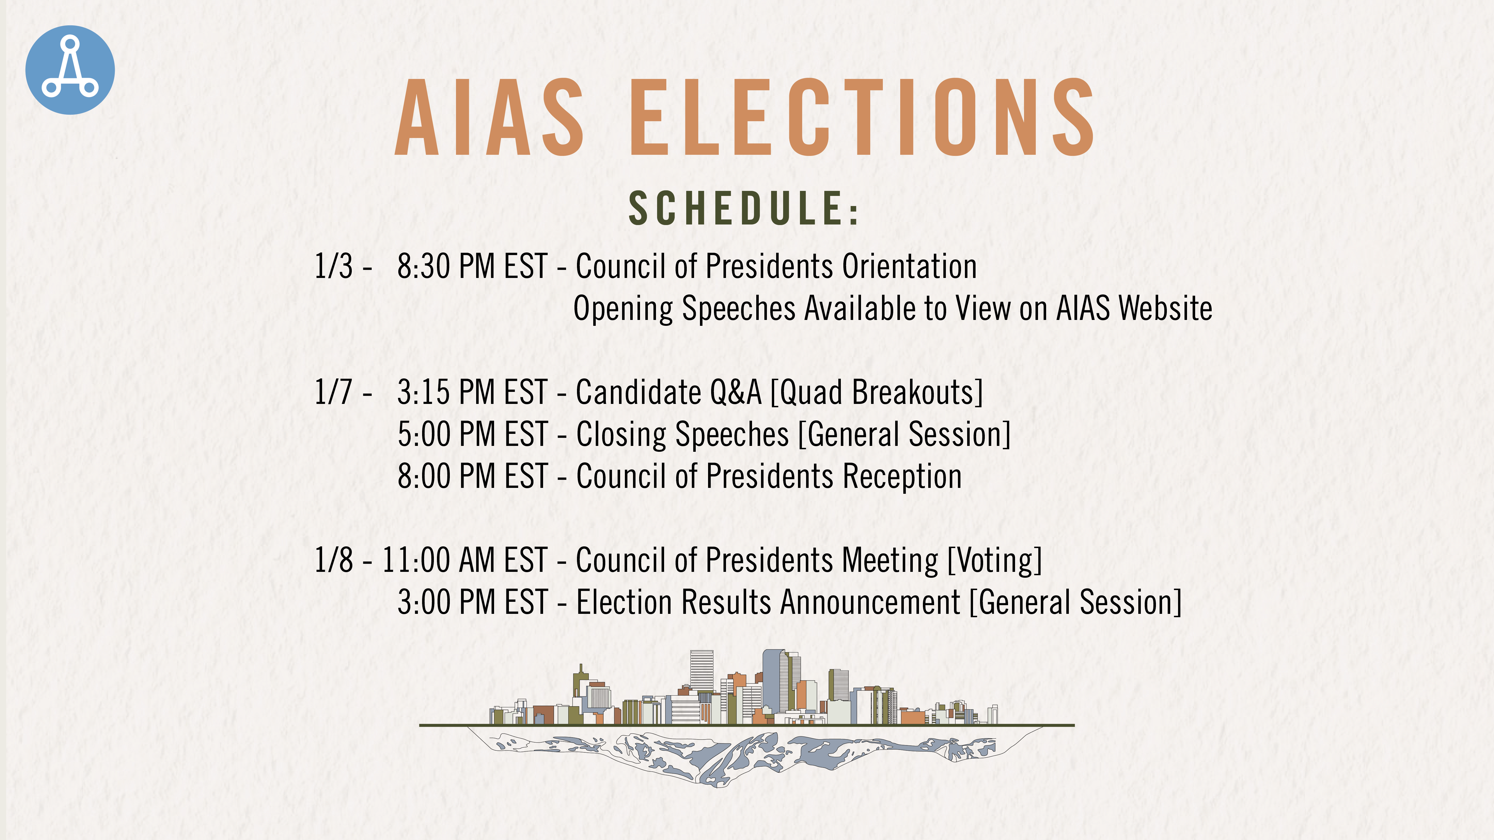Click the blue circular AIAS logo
(70, 70)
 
